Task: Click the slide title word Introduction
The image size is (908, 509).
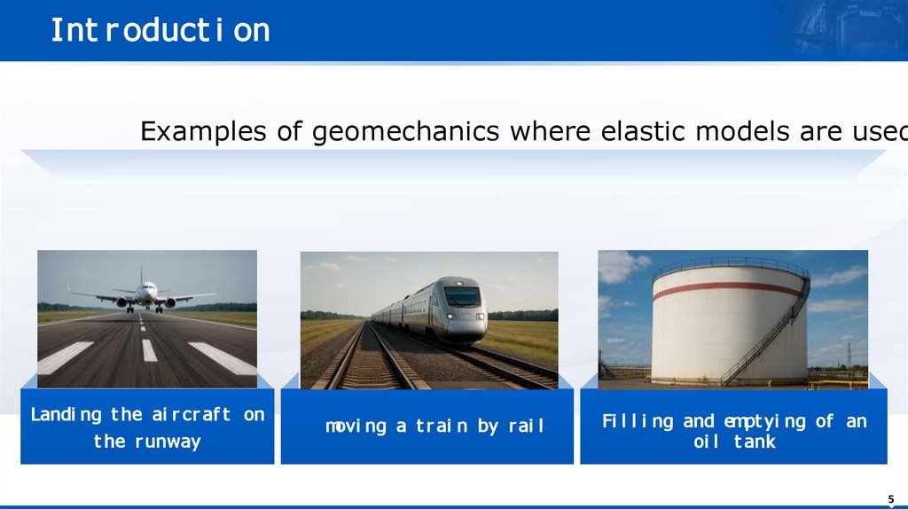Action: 160,30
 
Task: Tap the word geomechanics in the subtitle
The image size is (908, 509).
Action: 405,132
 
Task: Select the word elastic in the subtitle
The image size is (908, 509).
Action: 643,131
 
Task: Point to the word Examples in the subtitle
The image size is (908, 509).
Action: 203,132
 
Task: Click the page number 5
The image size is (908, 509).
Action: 891,499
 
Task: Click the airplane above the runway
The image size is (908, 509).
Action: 144,294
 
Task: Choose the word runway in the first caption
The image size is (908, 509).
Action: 168,442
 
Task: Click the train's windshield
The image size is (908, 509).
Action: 462,296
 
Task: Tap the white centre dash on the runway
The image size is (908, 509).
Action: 149,350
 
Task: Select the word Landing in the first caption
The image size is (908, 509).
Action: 66,415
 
